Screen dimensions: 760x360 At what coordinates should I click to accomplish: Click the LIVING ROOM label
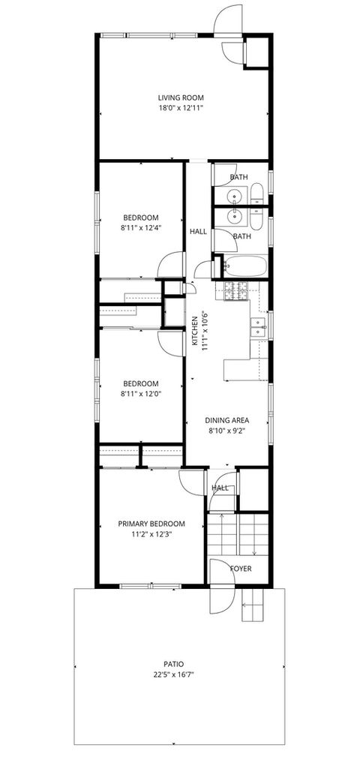coord(181,98)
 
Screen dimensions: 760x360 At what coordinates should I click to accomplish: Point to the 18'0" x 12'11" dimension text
coord(181,108)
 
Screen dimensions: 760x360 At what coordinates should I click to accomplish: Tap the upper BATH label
coord(238,177)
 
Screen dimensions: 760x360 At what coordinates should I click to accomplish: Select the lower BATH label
coord(241,236)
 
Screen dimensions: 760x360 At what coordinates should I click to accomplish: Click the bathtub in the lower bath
coord(246,266)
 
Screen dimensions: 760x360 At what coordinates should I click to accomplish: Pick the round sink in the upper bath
coord(236,197)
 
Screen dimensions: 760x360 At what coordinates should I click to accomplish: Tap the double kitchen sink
coord(259,326)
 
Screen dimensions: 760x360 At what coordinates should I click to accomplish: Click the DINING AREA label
coord(228,420)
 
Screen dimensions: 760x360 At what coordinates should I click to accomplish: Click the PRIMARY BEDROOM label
coord(151,524)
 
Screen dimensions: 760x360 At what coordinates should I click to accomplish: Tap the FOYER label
coord(241,568)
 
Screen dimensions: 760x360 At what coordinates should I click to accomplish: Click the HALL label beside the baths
coord(198,232)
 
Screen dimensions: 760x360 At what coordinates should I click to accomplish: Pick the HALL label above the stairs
coord(220,488)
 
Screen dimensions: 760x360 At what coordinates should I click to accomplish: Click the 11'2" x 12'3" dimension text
coord(151,534)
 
